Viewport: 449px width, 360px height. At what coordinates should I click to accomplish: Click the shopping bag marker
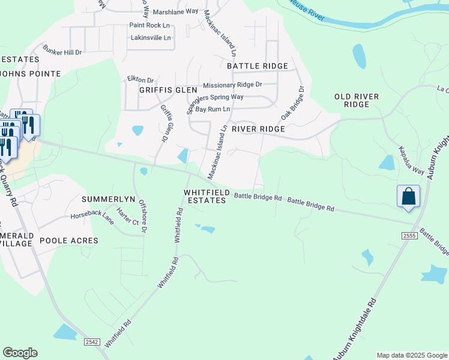pos(408,197)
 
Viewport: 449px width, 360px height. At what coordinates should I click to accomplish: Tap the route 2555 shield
pos(409,237)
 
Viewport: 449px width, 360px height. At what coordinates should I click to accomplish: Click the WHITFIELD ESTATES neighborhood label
pos(206,196)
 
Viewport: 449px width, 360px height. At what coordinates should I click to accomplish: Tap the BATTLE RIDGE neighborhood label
pos(257,66)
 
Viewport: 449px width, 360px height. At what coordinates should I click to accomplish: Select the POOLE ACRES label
pos(68,241)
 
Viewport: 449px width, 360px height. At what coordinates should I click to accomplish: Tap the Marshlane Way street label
pos(175,11)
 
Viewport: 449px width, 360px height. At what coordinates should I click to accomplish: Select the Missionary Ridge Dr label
pos(232,85)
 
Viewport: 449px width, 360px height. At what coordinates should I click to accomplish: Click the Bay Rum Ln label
pos(213,109)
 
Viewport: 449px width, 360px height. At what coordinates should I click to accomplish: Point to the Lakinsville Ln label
pos(151,38)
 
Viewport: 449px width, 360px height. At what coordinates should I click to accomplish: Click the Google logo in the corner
pos(20,352)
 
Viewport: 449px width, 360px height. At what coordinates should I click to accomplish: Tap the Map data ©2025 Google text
pos(412,355)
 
